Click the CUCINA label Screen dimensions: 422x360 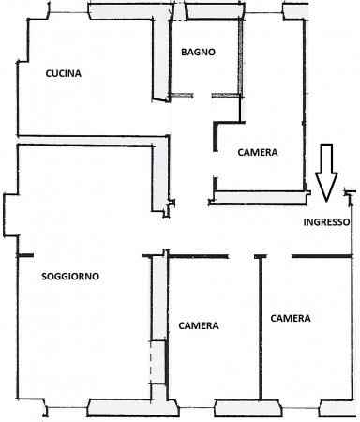coord(63,74)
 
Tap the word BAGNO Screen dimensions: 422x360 coord(199,53)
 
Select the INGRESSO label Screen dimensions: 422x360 coord(326,222)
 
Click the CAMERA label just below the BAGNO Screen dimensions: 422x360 coord(257,151)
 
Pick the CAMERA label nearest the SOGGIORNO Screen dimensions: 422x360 coord(199,325)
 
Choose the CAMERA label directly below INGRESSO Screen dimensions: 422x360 coord(291,318)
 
